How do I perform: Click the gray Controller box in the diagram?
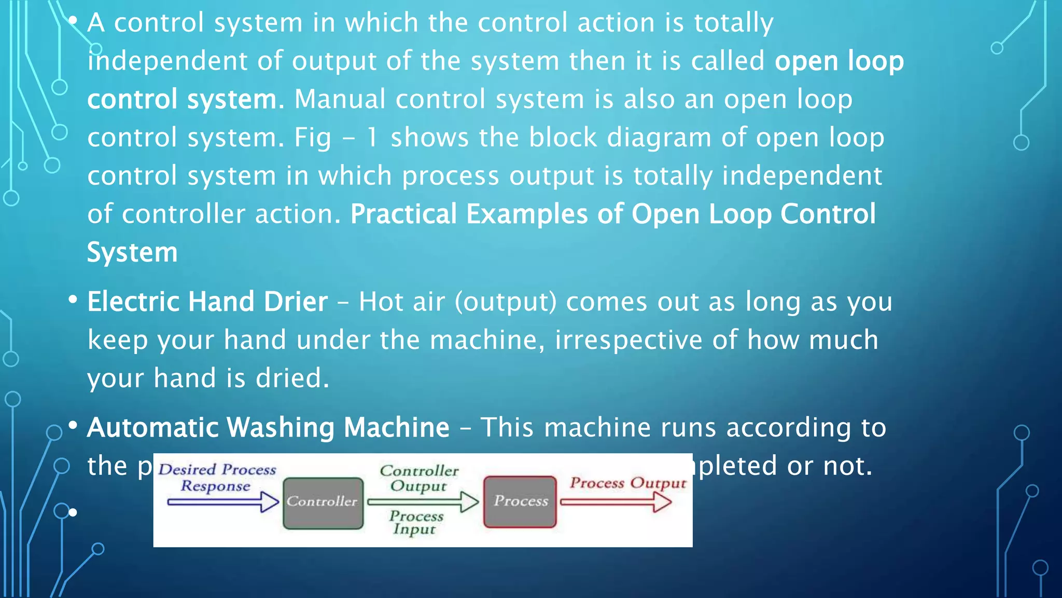[323, 502]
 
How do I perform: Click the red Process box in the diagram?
[520, 501]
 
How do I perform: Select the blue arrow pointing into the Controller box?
[223, 502]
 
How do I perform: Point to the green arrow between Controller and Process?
[423, 502]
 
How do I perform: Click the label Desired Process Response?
[217, 477]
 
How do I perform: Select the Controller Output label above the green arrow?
[419, 478]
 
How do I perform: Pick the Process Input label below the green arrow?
[416, 522]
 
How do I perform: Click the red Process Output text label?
[628, 483]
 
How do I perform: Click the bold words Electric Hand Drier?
[207, 302]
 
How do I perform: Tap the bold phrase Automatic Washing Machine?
[268, 428]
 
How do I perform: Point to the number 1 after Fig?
[372, 138]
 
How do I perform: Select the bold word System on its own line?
[132, 253]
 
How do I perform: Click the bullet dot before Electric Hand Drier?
[73, 300]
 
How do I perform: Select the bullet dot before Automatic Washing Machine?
[73, 426]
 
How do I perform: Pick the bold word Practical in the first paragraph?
[403, 214]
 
